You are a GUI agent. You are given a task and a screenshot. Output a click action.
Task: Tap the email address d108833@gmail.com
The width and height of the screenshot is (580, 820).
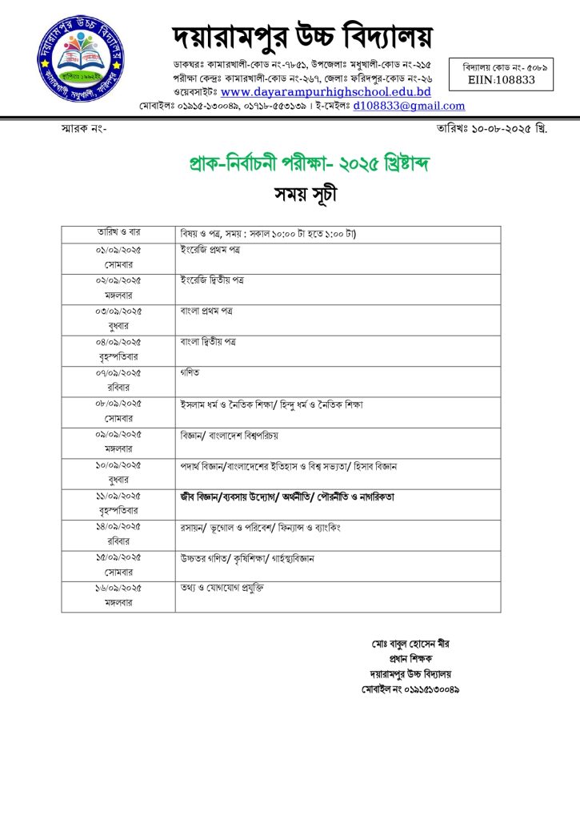[x=410, y=106]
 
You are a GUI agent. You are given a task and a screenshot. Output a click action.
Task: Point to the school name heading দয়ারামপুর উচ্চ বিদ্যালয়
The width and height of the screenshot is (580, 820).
[x=302, y=37]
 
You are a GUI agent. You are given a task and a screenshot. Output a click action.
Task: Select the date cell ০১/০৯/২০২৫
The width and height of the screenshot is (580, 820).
[x=118, y=250]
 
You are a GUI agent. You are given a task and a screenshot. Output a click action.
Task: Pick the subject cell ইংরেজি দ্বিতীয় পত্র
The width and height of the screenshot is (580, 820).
[x=212, y=280]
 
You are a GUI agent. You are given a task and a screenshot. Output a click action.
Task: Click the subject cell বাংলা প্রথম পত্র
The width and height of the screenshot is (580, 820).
[x=206, y=311]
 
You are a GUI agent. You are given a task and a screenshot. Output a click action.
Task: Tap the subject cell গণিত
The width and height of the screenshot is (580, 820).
[x=190, y=372]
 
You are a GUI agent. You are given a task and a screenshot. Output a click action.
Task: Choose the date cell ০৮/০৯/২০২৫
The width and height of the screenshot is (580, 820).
[x=118, y=404]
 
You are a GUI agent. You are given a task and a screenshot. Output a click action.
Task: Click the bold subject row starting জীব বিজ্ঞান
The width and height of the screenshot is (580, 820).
[x=287, y=496]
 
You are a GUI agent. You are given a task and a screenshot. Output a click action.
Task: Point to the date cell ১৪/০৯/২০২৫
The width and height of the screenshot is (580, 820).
[x=118, y=526]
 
